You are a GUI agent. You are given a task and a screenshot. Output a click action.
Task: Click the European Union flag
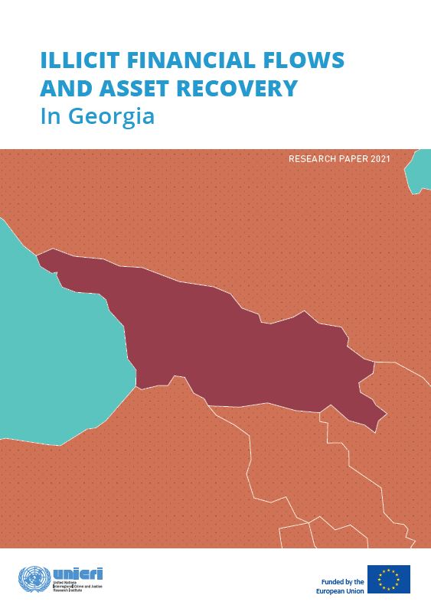[x=389, y=579]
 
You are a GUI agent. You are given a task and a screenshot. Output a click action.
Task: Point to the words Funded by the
[x=338, y=573]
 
